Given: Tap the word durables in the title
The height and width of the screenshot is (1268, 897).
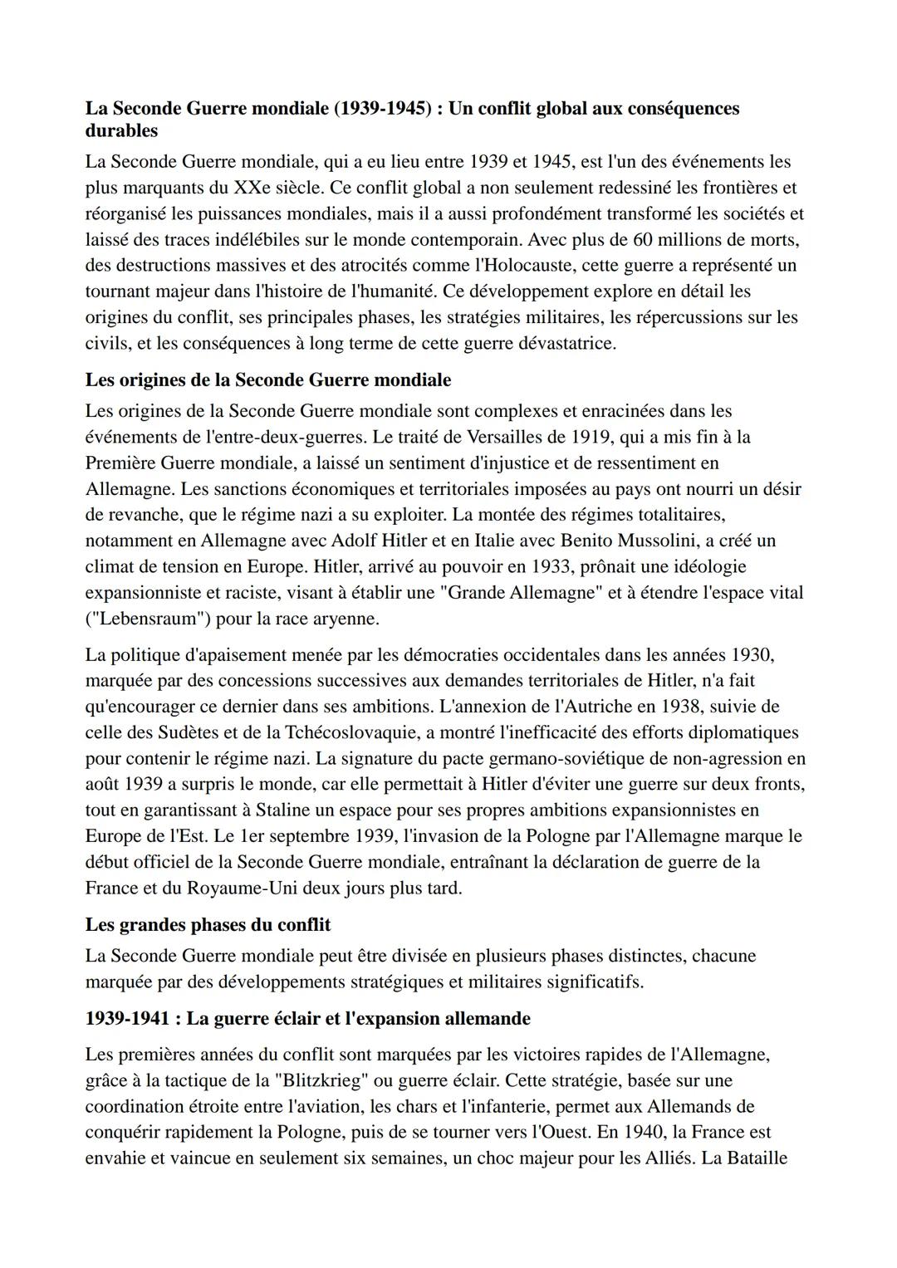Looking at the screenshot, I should coord(121,130).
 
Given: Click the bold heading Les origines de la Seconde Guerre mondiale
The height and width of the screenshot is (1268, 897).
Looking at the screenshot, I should coord(267,379).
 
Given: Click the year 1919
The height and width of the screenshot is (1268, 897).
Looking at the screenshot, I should coord(592,436).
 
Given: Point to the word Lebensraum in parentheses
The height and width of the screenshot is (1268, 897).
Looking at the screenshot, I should coord(149,619).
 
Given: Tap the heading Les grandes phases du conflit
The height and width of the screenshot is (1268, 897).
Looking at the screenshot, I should coord(208,924).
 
